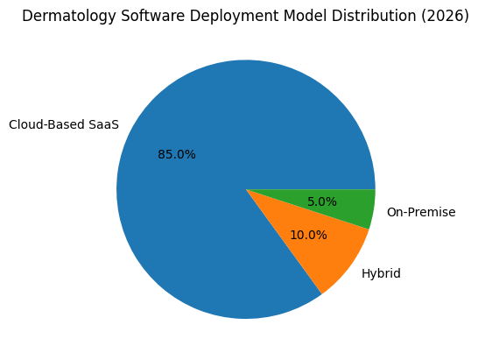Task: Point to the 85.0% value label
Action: tap(177, 155)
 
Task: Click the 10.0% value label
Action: tap(308, 235)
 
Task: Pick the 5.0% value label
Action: tap(322, 201)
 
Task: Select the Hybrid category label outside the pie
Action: tap(381, 274)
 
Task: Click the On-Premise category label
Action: tap(421, 212)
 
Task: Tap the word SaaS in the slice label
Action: tap(103, 125)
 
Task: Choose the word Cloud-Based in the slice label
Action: tap(46, 125)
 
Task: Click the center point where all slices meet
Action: tap(246, 189)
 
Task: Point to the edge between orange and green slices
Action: tap(307, 209)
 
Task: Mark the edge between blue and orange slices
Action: tap(284, 242)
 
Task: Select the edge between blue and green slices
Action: tap(311, 188)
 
